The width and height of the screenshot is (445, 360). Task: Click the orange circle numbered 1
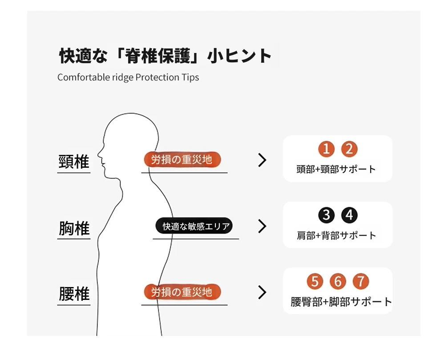(x=326, y=149)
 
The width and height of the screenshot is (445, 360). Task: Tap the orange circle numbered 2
(x=349, y=149)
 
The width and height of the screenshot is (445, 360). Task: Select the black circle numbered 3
(x=326, y=215)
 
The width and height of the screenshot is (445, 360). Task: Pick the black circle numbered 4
(x=349, y=215)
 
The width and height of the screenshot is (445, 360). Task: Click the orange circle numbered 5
(x=315, y=281)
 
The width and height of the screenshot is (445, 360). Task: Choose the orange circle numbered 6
(x=338, y=281)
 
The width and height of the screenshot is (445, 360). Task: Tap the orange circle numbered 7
(x=361, y=281)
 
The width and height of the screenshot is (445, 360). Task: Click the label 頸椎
(x=74, y=162)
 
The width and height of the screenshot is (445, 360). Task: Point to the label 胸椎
(x=74, y=228)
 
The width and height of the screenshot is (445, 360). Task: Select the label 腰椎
(x=74, y=294)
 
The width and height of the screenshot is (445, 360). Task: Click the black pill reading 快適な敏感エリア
(x=194, y=226)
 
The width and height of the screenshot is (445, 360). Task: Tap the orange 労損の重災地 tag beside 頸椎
(x=182, y=159)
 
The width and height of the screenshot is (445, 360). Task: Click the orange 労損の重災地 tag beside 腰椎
(x=182, y=292)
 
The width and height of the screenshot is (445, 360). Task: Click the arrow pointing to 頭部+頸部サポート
(x=263, y=160)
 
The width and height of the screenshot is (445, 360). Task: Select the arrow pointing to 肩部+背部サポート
(x=263, y=226)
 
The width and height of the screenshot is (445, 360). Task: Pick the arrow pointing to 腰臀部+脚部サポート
(x=263, y=292)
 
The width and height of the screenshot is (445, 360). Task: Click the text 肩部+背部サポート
(x=336, y=235)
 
